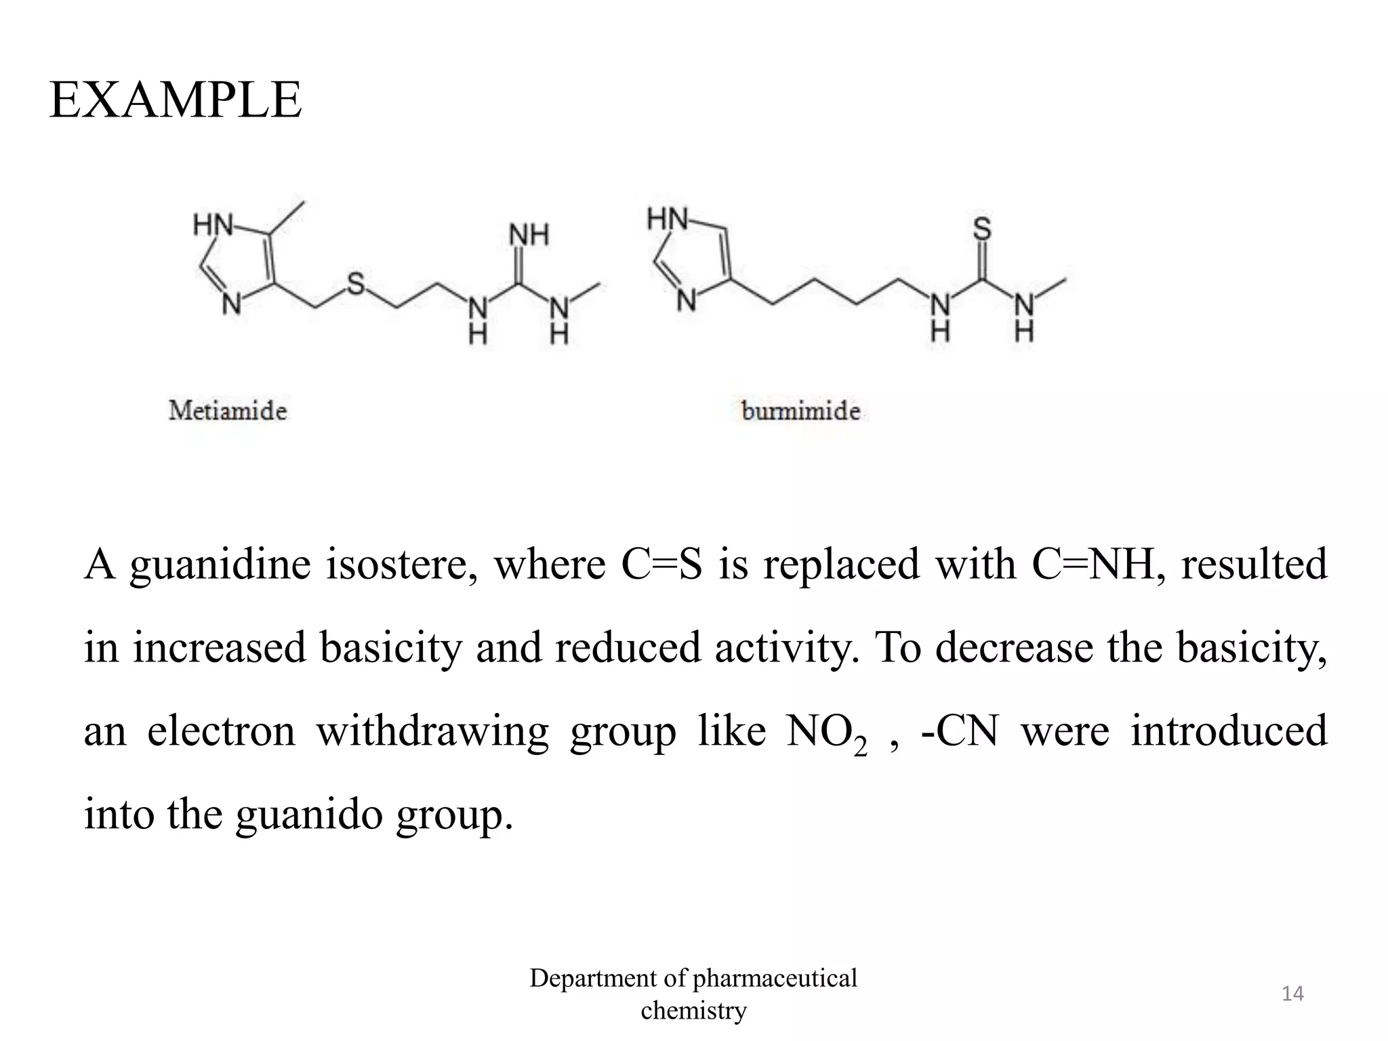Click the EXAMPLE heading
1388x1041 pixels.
tap(176, 100)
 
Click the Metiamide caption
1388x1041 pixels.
tap(228, 411)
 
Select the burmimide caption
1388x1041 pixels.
tap(800, 411)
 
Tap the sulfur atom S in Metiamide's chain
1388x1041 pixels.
tap(356, 283)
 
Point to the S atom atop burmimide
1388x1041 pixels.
tap(982, 229)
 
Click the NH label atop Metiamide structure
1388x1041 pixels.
tap(529, 236)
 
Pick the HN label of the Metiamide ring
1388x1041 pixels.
tap(212, 224)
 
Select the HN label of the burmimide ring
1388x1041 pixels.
tap(667, 220)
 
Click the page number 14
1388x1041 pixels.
tap(1292, 994)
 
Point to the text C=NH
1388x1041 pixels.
tap(1093, 564)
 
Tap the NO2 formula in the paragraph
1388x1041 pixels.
tap(826, 733)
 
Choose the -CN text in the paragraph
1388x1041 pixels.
tap(959, 731)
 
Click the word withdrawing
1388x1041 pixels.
tap(432, 731)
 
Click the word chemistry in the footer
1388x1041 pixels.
tap(693, 1011)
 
